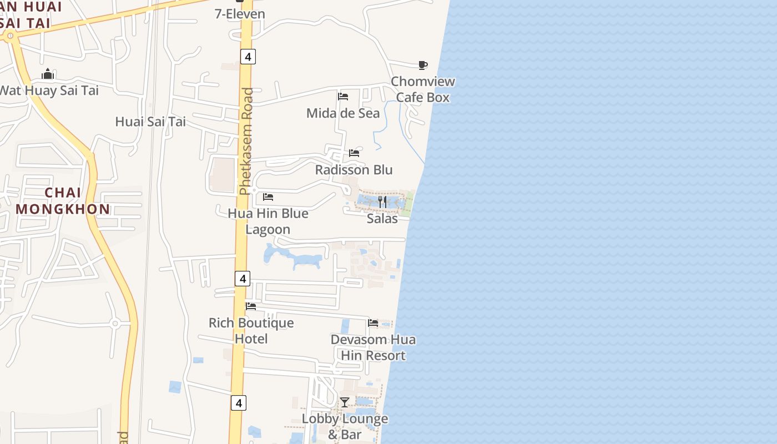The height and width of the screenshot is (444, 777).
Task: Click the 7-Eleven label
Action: [240, 14]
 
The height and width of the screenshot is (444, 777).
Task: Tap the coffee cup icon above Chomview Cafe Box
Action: [423, 65]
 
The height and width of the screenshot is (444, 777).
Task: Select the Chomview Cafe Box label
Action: [423, 89]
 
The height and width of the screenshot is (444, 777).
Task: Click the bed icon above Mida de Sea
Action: [343, 97]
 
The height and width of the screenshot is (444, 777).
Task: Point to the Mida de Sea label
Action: [343, 113]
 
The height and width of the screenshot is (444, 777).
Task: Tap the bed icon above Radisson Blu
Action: [354, 153]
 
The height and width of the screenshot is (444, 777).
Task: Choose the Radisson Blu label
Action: [354, 170]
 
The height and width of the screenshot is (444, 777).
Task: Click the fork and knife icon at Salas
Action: [382, 201]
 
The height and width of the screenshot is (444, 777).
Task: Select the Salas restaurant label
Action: [382, 218]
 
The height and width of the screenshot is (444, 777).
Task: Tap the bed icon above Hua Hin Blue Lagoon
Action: [268, 197]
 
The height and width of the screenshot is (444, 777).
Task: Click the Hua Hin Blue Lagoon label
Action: [268, 221]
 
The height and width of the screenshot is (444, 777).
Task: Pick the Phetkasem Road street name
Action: [246, 142]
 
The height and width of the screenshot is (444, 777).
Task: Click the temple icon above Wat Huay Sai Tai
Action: [48, 74]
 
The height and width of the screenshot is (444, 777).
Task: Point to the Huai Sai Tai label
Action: [150, 122]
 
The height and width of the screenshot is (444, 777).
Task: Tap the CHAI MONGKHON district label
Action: [63, 201]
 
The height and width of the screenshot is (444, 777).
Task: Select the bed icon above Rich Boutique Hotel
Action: [251, 306]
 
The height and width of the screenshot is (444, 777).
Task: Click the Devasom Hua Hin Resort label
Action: [373, 347]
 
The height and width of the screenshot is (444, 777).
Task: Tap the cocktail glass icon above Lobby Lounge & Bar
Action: [345, 402]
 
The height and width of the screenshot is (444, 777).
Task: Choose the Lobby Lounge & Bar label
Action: [345, 426]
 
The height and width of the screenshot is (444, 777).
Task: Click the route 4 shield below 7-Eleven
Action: [248, 56]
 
